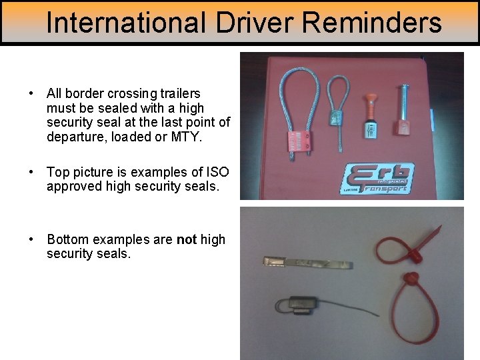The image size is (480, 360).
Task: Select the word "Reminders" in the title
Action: click(372, 23)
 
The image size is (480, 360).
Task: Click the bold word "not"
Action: click(186, 239)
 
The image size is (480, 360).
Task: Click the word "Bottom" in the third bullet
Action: click(69, 239)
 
